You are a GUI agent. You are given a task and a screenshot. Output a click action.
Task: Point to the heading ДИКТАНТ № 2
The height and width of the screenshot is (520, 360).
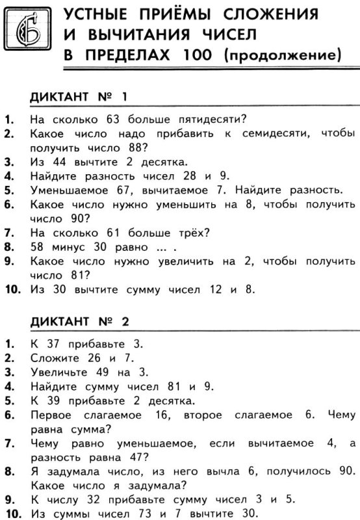point(80,321)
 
